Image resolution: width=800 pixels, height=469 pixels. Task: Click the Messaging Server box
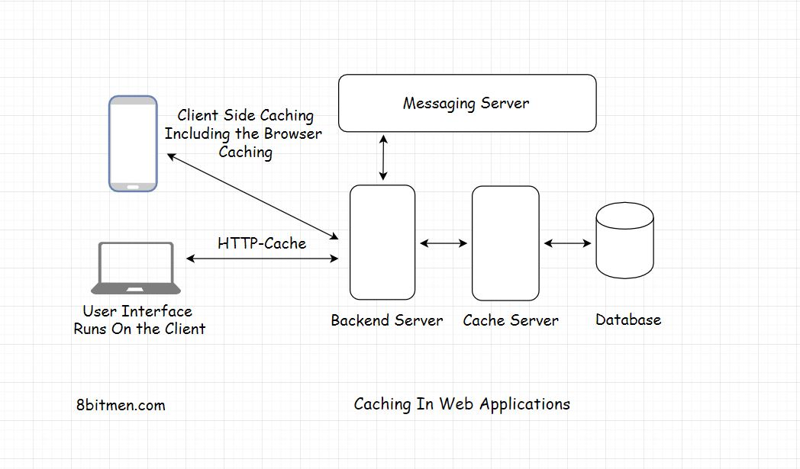pos(466,103)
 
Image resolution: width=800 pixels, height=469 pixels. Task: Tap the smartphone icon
pos(133,143)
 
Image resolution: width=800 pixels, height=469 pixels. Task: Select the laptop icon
pos(136,268)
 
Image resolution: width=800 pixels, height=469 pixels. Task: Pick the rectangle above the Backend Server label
pos(382,243)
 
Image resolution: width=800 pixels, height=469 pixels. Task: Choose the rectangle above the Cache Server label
pos(505,243)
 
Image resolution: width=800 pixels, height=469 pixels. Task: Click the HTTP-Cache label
pos(262,243)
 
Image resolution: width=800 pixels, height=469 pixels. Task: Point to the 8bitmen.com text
pos(121,405)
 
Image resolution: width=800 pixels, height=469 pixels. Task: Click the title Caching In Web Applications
pos(462,403)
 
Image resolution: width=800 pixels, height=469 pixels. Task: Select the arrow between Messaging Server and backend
pos(383,159)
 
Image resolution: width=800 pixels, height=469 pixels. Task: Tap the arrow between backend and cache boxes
pos(444,243)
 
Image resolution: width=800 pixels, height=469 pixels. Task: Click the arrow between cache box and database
pos(567,243)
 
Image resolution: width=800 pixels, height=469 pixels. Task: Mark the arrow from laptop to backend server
pos(262,259)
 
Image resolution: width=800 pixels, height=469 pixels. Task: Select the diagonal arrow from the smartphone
pos(252,196)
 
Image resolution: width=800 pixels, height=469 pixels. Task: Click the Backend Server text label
pos(386,320)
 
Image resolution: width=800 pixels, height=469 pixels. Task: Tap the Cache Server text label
pos(511,320)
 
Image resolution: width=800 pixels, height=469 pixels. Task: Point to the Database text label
pos(628,320)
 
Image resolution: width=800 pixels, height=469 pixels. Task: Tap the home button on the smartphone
pos(133,186)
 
